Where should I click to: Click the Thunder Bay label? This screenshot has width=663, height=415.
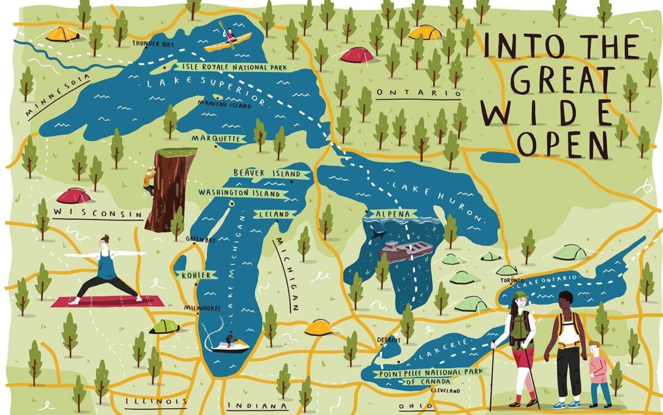[x=150, y=43]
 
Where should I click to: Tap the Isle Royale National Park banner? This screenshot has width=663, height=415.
[x=225, y=66]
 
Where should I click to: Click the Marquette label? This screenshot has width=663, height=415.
[x=214, y=139]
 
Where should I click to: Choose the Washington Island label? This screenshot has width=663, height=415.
[x=240, y=193]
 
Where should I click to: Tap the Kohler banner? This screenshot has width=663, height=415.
[x=196, y=275]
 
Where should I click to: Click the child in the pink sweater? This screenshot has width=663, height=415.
[x=596, y=372]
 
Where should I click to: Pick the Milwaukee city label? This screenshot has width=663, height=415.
[x=202, y=309]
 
